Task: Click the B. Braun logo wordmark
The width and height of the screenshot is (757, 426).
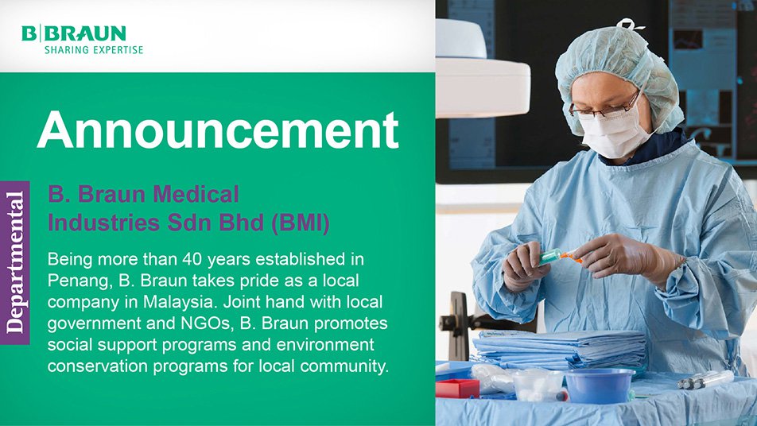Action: click(x=74, y=33)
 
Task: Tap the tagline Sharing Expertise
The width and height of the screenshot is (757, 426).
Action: click(x=94, y=50)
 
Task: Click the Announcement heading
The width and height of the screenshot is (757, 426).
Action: click(x=218, y=130)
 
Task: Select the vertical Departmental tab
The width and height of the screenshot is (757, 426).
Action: click(x=15, y=262)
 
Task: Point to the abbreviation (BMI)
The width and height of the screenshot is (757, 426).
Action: click(x=301, y=223)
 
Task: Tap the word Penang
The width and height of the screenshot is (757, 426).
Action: click(x=77, y=281)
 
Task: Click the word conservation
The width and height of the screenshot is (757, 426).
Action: click(x=98, y=366)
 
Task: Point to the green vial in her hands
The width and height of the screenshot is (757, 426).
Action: click(x=551, y=256)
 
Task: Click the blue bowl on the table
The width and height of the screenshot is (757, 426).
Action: click(x=599, y=385)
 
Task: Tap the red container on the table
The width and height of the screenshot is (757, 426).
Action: click(x=457, y=388)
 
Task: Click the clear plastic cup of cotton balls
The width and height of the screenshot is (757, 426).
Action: click(x=538, y=385)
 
